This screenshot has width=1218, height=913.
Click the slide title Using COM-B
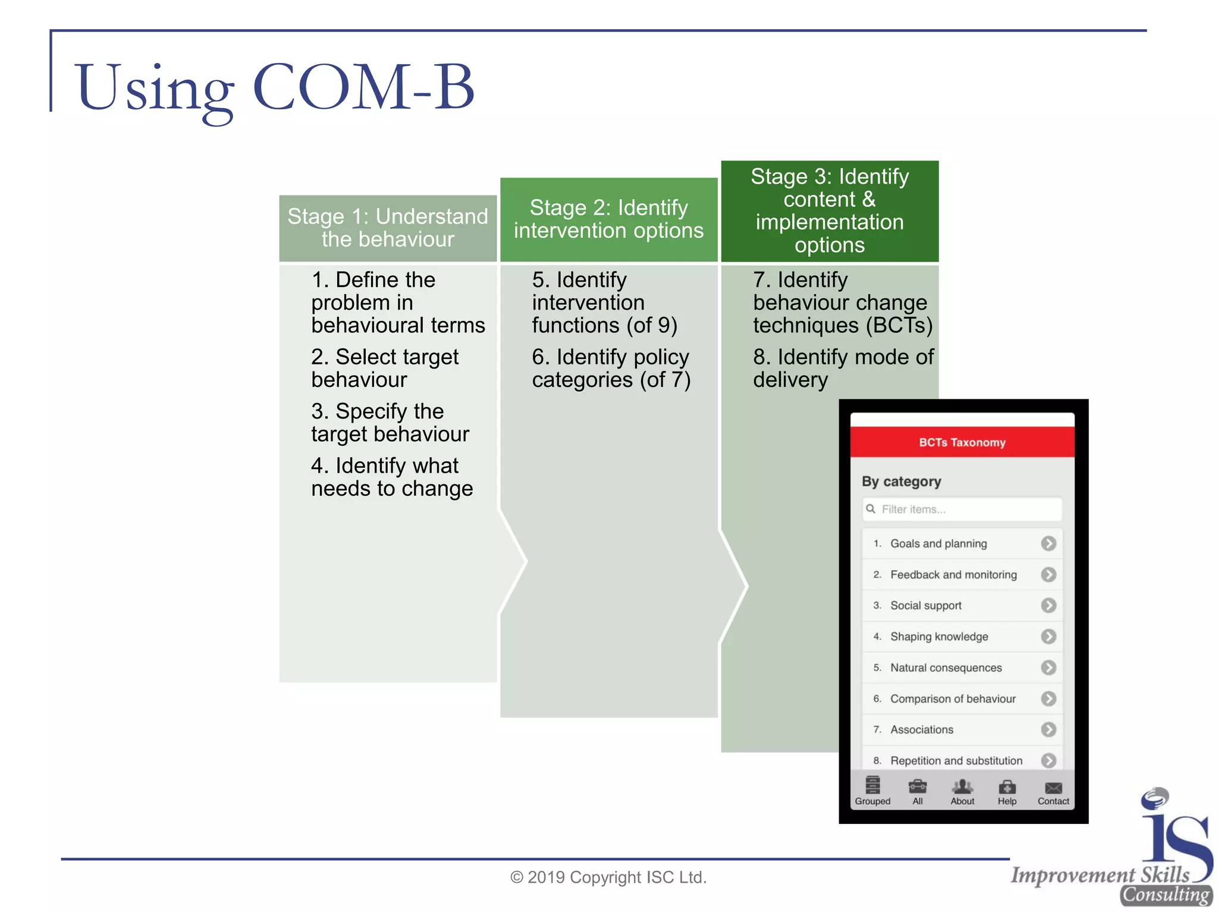(x=275, y=88)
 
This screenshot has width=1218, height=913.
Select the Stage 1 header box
(x=388, y=228)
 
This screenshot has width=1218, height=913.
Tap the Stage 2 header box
(x=608, y=219)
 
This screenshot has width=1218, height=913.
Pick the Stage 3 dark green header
(x=830, y=211)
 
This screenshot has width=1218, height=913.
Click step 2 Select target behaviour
(x=385, y=368)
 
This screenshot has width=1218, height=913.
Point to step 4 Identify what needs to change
(x=391, y=477)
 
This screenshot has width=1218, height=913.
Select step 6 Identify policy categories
(x=611, y=368)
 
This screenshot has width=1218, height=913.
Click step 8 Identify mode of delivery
(x=843, y=368)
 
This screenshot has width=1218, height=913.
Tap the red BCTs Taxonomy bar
(x=962, y=442)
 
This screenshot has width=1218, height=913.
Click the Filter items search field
(x=962, y=509)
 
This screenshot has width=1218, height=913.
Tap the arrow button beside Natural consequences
(x=1049, y=668)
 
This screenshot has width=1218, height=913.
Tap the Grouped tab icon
(x=872, y=786)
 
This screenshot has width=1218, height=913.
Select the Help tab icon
(x=1007, y=788)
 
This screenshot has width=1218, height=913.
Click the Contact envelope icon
(x=1053, y=788)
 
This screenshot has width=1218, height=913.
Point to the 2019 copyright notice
(x=608, y=877)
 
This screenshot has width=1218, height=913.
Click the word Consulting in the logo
(x=1166, y=895)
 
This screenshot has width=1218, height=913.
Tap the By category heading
(x=902, y=481)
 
